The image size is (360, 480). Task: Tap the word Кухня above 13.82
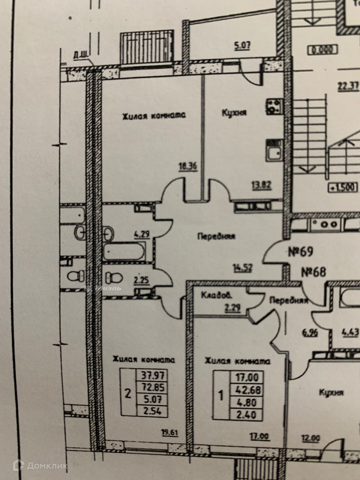coord(234,113)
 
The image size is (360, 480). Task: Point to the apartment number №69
coord(300,252)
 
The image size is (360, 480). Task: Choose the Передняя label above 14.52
coord(216,236)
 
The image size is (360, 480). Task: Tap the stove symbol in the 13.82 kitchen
coord(274,106)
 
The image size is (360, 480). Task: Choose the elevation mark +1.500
coord(342,187)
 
